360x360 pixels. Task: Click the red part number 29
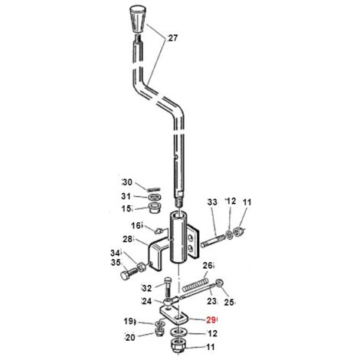coord(211,319)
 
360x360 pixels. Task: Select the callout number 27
coord(172,38)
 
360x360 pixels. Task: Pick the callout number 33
coord(212,202)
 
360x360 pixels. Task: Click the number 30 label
coord(127,182)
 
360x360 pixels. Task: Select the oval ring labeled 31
coord(155,197)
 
